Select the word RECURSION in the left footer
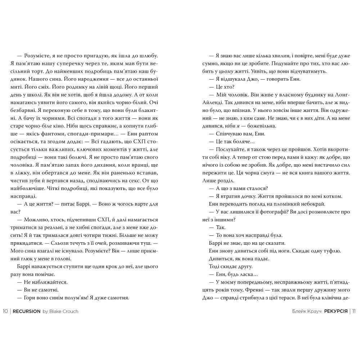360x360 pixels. pyautogui.click(x=27, y=311)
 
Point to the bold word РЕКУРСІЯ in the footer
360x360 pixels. pyautogui.click(x=335, y=311)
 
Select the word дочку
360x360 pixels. pyautogui.click(x=246, y=196)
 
